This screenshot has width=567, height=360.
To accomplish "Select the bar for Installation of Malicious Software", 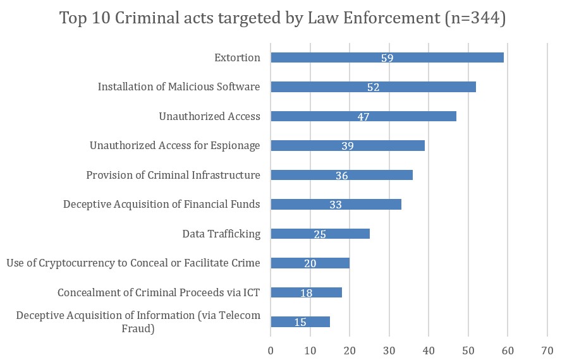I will [x=430, y=87].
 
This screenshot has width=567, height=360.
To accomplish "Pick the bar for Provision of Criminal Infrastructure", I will [x=379, y=175].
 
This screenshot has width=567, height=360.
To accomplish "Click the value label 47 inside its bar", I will [x=363, y=117].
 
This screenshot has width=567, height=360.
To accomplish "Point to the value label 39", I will [x=347, y=146].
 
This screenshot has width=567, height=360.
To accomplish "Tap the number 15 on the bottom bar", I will [x=300, y=322].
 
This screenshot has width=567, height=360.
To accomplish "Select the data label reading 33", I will [x=336, y=205].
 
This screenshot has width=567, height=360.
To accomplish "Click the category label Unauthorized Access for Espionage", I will [x=174, y=146].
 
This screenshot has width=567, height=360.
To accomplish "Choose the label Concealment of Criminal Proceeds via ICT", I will [x=159, y=292].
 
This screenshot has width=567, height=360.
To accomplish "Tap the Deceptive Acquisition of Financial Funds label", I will [x=161, y=204].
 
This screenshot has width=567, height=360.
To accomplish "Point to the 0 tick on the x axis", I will [x=271, y=351].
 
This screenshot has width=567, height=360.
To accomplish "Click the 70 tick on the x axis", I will [x=547, y=351].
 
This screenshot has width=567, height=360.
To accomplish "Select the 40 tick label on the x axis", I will [x=429, y=351].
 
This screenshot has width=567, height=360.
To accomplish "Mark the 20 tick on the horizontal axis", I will [x=350, y=351].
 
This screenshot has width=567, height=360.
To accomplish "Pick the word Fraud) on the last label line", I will [x=138, y=328].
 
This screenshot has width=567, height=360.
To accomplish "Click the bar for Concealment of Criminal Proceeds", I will [x=316, y=292].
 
